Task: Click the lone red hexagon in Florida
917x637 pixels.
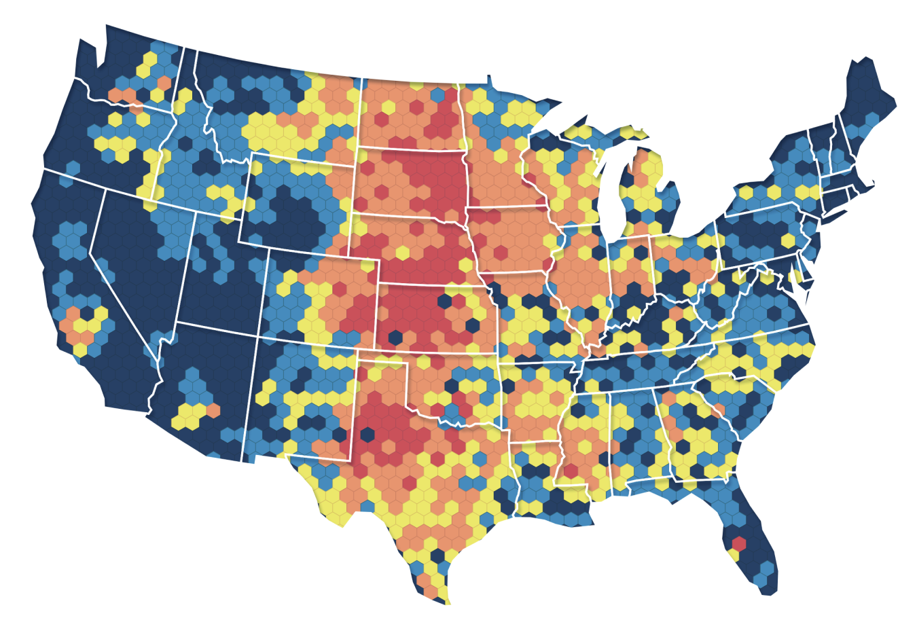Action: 739,543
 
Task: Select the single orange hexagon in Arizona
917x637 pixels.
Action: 213,410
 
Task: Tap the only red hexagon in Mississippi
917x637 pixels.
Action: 571,471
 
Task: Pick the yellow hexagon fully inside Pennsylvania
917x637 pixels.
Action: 788,240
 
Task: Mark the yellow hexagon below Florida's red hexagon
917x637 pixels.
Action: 734,555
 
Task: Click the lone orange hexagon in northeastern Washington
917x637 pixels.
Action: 164,83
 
